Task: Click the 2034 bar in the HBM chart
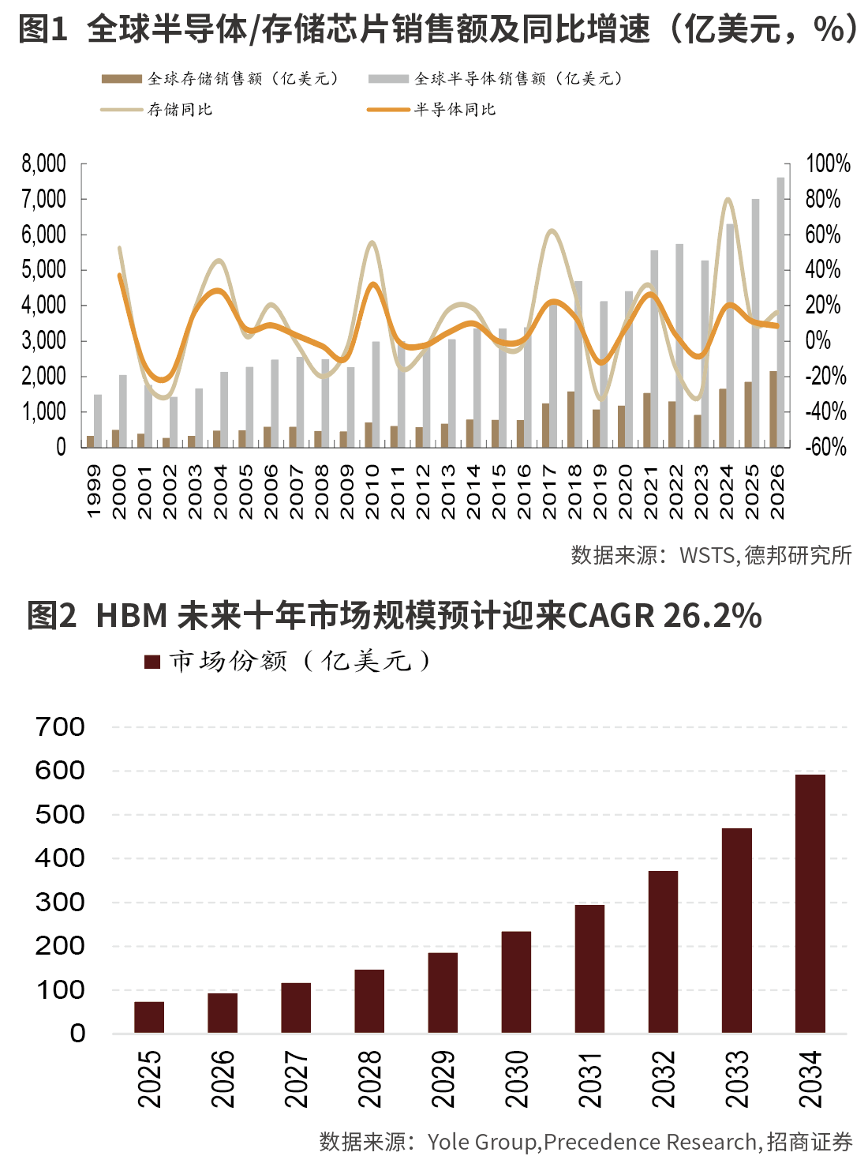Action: point(810,903)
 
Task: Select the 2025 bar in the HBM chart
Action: point(149,1017)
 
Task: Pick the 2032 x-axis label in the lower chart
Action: point(664,1079)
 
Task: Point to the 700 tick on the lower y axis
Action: point(60,726)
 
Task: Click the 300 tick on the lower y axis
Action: point(60,902)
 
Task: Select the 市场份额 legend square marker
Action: point(152,662)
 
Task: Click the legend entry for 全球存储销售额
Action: point(221,79)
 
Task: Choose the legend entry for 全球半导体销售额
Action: point(496,79)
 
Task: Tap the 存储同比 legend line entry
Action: point(157,110)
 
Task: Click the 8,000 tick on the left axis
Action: point(44,163)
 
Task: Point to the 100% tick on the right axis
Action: point(828,163)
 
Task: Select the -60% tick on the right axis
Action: point(825,447)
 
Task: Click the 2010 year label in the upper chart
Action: point(372,491)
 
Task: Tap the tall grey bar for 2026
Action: point(780,312)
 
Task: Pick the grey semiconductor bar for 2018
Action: point(578,364)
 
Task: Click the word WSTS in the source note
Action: point(707,555)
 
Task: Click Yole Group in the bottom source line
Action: point(482,1142)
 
